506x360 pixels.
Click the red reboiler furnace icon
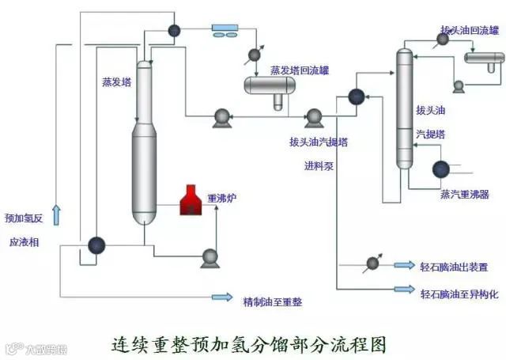pos(191,201)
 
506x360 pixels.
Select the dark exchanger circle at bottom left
pos(96,245)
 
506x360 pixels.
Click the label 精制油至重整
pos(273,301)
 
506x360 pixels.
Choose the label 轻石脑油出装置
pos(454,267)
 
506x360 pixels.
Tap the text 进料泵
pos(319,167)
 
